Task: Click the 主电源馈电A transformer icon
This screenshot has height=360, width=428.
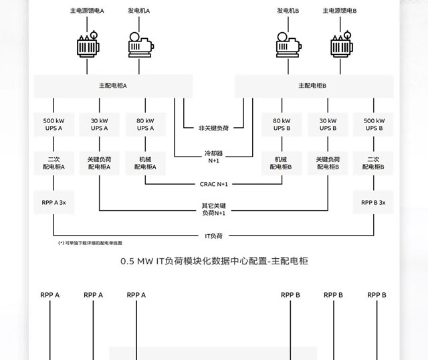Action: coord(87,43)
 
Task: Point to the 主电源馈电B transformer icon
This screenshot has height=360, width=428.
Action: coord(341,43)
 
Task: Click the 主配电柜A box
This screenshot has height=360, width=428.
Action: coord(113,86)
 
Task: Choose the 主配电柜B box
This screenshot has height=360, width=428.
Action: coord(313,86)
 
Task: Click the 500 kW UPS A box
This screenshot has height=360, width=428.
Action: coord(53,124)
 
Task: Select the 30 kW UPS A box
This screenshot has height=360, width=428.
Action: coord(99,124)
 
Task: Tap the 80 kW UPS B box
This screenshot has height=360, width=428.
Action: coord(282,124)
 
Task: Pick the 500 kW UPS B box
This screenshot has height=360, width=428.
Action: coord(373,124)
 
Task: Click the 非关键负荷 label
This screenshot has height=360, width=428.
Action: coord(213,127)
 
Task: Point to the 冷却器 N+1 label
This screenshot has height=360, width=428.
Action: coord(213,157)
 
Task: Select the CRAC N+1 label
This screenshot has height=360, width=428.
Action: coord(213,183)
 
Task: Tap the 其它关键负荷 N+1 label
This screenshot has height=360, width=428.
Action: coord(213,209)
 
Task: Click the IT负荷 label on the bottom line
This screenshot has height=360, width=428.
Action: coord(213,236)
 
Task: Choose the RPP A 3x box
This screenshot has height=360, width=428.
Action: coord(53,202)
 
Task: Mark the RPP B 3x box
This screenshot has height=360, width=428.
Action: coord(373,202)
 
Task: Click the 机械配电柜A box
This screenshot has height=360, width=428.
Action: coord(145,163)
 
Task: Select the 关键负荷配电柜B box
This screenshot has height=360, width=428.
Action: coord(328,163)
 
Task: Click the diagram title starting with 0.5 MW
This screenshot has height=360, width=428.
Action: coord(213,262)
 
